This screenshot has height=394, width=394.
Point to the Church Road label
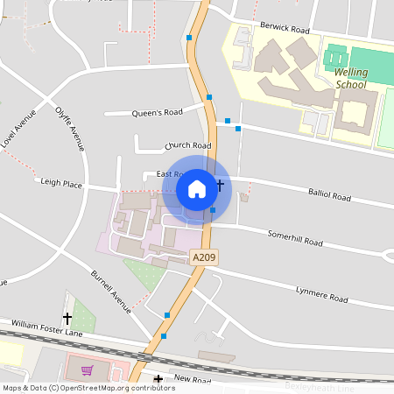coord(188,145)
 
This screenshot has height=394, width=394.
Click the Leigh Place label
coord(61,184)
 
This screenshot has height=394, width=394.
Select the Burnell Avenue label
coord(110,292)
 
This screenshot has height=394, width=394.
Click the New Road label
coord(193,380)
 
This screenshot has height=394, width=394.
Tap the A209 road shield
coord(203,257)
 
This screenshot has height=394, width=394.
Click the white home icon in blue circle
coord(197,188)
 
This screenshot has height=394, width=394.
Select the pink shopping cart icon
coord(87,370)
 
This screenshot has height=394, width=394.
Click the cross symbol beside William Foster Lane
coord(67,319)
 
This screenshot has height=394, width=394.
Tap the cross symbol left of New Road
coord(158,380)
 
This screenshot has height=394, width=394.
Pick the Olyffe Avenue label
coord(70,128)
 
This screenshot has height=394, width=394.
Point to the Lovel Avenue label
coord(19,129)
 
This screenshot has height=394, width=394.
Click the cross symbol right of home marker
coord(220,185)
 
